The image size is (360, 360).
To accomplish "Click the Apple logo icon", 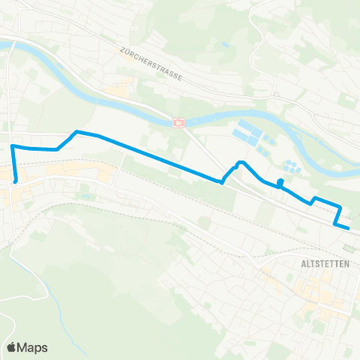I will tap(12, 347).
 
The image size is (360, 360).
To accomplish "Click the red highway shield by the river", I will tap(178, 122).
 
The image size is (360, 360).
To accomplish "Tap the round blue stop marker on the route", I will tap(280, 182).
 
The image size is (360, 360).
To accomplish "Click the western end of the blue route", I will tap(16, 180).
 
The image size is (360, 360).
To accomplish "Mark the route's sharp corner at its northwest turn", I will tap(13, 145).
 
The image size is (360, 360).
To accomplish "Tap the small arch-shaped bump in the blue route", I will tap(239, 163).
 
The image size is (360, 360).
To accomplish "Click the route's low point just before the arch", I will tap(222, 181).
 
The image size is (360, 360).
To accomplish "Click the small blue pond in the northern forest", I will tap(224, 44).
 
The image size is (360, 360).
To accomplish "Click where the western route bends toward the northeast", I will tap(57, 148).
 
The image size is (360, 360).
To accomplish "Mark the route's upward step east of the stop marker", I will tap(313, 199).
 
